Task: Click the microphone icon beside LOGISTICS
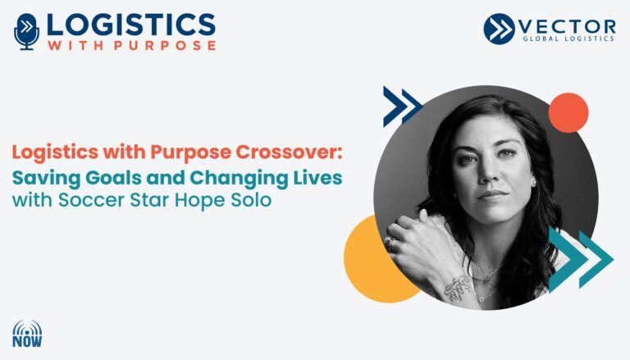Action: coord(26,31)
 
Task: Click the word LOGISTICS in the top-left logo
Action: coord(131,25)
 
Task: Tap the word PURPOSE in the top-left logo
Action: coord(165,45)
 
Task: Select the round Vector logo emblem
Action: coord(499,29)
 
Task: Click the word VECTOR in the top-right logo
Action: coord(567,27)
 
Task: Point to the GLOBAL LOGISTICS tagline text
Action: coord(568,39)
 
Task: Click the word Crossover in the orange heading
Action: coord(289,152)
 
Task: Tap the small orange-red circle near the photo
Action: coord(568,112)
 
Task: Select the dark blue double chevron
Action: coord(402,106)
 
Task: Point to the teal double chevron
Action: coord(581,259)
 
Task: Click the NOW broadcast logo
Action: coord(27,334)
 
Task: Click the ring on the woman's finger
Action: coord(390,242)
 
